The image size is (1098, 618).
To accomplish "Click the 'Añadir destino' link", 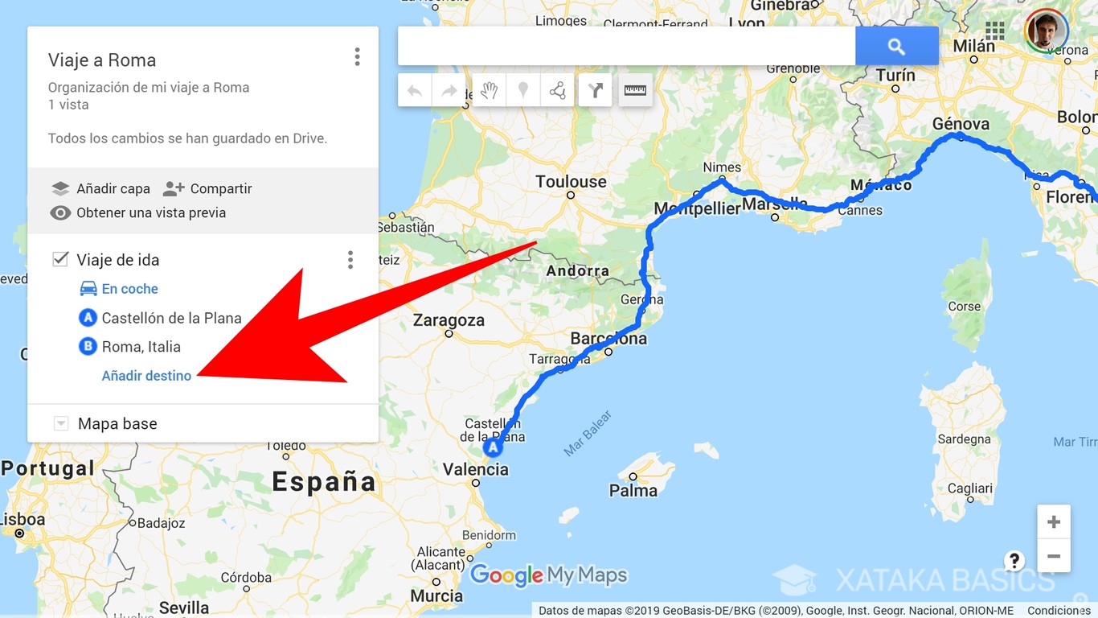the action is click(146, 376).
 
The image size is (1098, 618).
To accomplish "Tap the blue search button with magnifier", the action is click(896, 47).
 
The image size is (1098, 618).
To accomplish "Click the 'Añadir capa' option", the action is click(101, 189).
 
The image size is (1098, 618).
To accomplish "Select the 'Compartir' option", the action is click(207, 189).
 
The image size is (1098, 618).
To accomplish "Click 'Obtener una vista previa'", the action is click(138, 213).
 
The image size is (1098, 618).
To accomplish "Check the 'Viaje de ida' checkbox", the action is click(60, 259).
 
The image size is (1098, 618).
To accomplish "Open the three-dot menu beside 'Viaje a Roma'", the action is click(357, 57).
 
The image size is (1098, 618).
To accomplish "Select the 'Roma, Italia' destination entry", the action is click(141, 347).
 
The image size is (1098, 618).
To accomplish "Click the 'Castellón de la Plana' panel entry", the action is click(170, 318).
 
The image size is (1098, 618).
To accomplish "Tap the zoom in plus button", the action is click(1053, 522).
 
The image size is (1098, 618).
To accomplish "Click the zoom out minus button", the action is click(1053, 556).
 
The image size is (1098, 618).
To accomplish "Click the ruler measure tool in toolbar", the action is click(635, 91).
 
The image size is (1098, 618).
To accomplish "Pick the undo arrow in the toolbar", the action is click(415, 91).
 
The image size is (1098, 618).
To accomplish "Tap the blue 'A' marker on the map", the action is click(492, 447).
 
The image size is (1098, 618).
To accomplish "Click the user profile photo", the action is click(1046, 31).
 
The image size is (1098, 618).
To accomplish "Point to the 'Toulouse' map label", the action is click(571, 182).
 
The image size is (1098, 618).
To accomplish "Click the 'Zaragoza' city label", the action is click(449, 320).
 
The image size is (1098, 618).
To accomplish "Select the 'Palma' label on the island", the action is click(633, 490).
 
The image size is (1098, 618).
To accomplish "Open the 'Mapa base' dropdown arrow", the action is click(61, 424).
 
